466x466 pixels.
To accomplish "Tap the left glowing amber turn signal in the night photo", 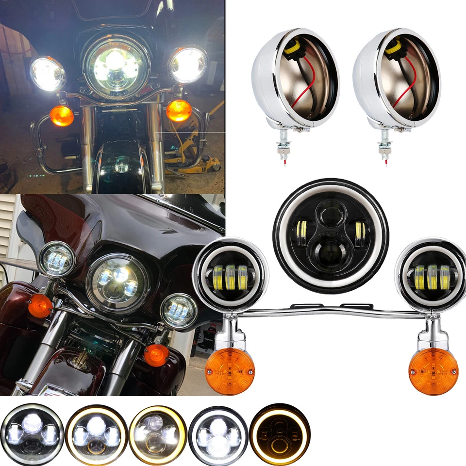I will coord(62,116).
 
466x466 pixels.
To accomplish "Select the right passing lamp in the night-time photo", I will coord(188,65).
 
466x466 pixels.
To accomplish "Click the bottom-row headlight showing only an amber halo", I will coord(280,434).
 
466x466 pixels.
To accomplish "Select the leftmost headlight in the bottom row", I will coord(32,434).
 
